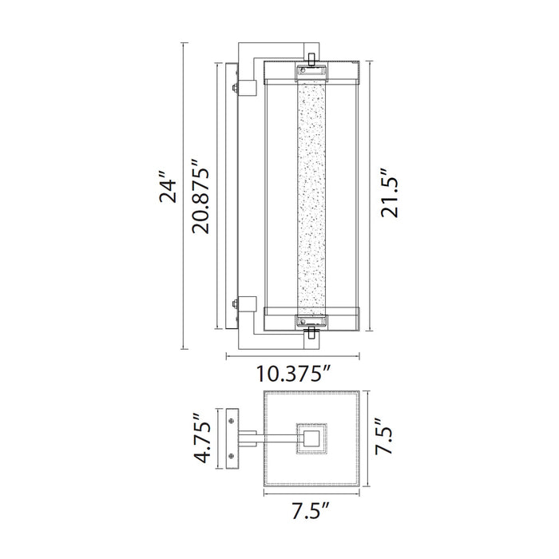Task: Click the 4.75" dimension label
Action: pos(204,438)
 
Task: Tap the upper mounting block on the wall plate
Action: pos(245,88)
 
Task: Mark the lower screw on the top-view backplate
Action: pos(232,458)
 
